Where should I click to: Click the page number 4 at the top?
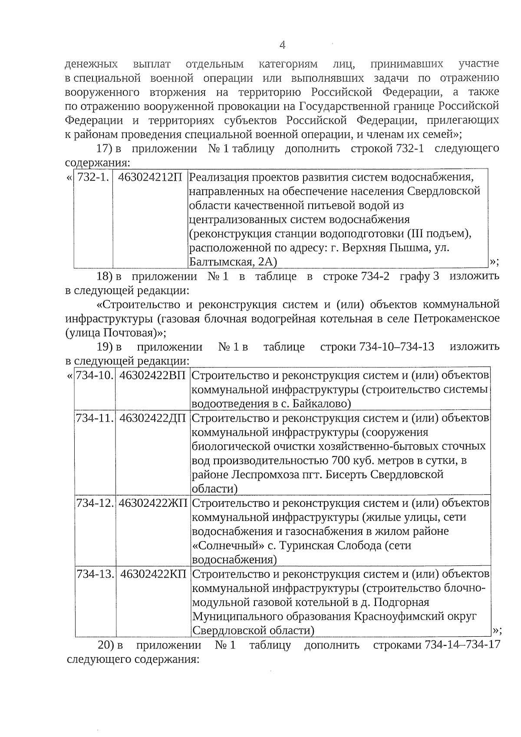click(283, 45)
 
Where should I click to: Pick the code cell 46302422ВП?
click(152, 375)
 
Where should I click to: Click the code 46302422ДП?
click(152, 418)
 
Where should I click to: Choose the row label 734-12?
click(95, 503)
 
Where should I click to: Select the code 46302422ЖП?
click(153, 503)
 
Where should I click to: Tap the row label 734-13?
click(95, 574)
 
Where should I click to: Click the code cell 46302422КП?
click(153, 574)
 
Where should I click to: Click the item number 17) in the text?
click(104, 149)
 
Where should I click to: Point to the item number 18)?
click(104, 276)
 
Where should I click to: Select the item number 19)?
click(104, 347)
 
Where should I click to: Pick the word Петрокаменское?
click(456, 318)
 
